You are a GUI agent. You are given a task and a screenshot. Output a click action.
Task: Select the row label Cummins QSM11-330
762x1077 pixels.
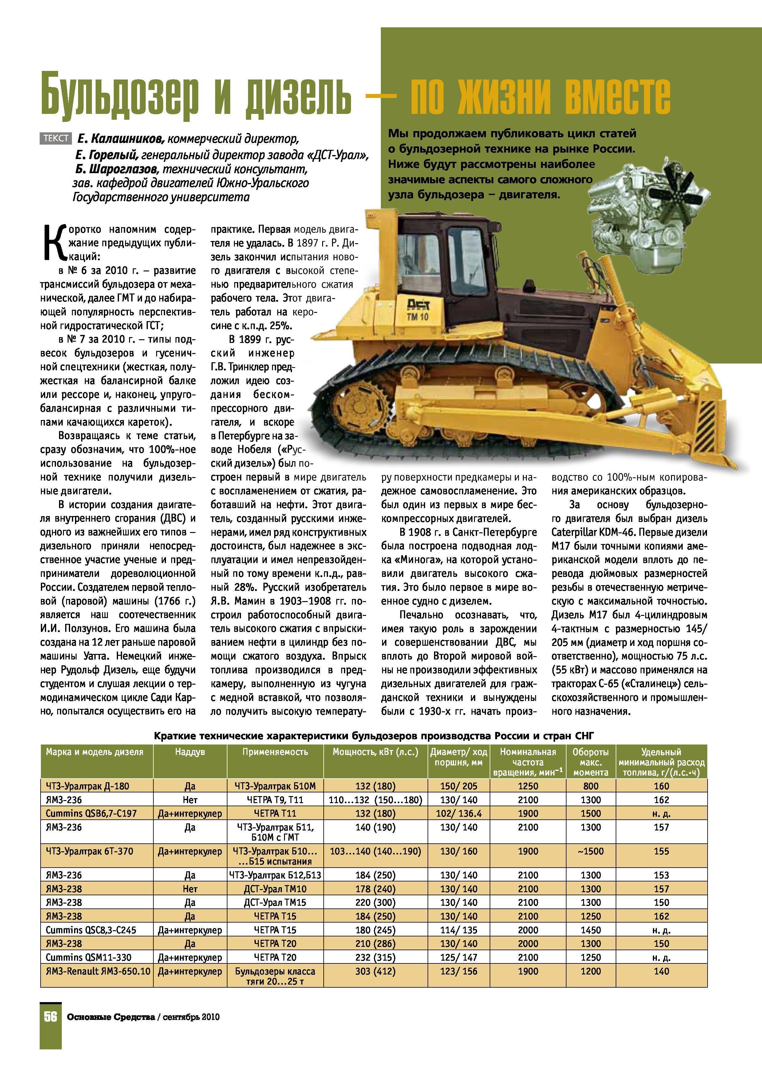[x=88, y=957]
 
